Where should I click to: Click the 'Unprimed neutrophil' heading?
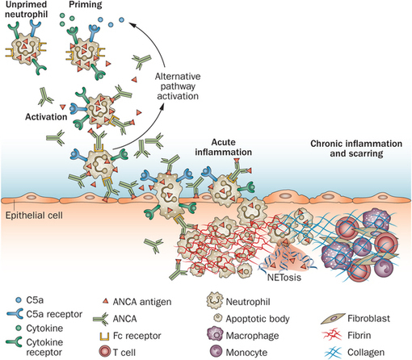tap(26, 9)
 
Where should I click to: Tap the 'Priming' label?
tap(86, 5)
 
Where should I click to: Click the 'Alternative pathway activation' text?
tap(178, 86)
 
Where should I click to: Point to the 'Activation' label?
tap(46, 117)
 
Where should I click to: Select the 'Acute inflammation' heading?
tap(224, 147)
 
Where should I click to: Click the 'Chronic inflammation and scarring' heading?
tap(356, 149)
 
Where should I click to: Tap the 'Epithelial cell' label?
tap(34, 216)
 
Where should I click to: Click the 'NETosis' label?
tap(284, 277)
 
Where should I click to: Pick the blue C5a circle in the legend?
tap(19, 299)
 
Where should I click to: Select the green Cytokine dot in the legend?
tap(19, 328)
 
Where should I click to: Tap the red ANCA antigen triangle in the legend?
tap(106, 301)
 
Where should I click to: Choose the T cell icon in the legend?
tap(104, 352)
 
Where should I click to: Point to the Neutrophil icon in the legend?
tap(215, 300)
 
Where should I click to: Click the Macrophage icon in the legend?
tap(216, 334)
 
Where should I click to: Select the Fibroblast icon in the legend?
tap(333, 319)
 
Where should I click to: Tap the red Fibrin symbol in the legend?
tap(332, 335)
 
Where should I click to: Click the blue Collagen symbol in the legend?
tap(333, 352)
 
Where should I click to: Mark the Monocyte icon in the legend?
tap(216, 351)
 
